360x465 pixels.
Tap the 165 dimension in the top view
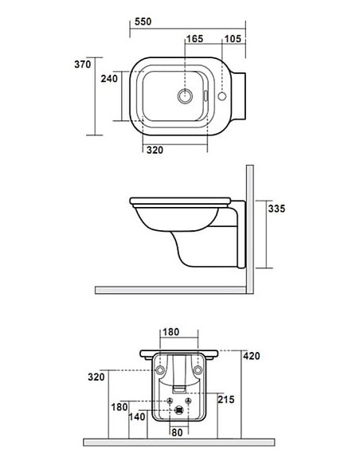195,39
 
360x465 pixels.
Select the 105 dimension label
233,39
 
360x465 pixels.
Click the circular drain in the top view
186,97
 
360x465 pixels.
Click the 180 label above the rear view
170,333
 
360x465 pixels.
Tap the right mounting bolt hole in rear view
198,371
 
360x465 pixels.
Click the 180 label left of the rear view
118,408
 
